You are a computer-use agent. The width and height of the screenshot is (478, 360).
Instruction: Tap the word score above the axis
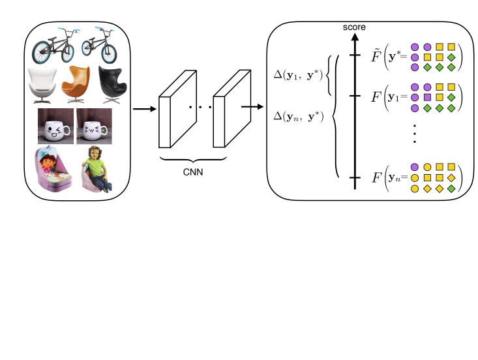[x=354, y=28]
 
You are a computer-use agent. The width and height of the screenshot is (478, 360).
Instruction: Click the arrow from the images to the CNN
[x=145, y=109]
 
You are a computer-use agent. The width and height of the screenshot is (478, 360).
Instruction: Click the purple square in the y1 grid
[x=428, y=97]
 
